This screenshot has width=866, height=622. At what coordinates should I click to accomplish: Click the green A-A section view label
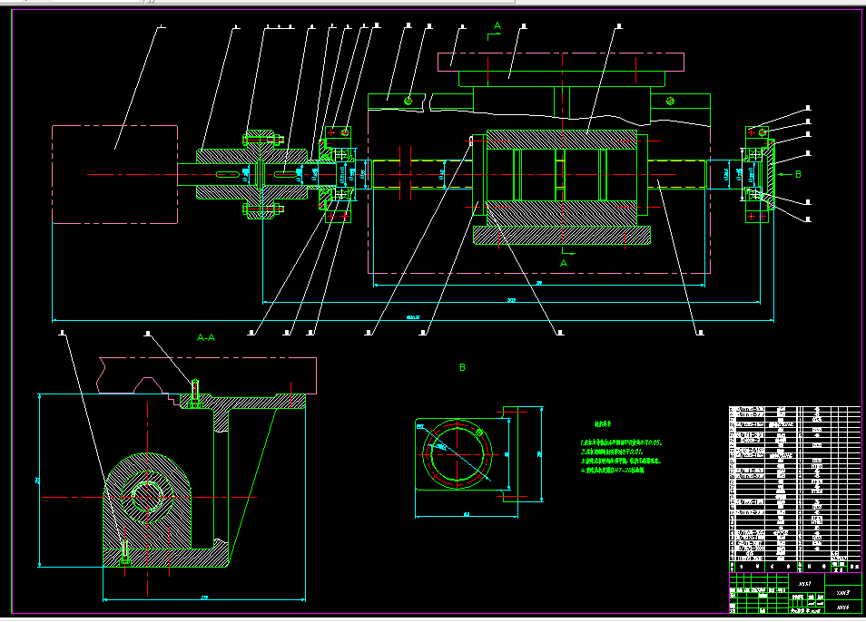pos(206,337)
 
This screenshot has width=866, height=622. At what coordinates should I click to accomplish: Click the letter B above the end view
pos(462,367)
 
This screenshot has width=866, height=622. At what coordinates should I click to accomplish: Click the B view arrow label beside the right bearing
pos(796,173)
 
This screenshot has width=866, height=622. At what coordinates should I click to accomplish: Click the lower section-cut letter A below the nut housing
pos(563,263)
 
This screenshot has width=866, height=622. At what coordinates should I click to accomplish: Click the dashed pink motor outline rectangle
pos(114,174)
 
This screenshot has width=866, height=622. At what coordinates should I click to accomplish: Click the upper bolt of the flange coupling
pos(260,138)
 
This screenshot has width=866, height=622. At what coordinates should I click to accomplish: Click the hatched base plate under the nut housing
pos(561,236)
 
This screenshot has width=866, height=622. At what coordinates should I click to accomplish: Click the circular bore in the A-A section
pos(148,493)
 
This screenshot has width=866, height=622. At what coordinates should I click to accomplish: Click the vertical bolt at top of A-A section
pos(194,392)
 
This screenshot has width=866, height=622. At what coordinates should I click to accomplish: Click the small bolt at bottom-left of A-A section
pos(125,551)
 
